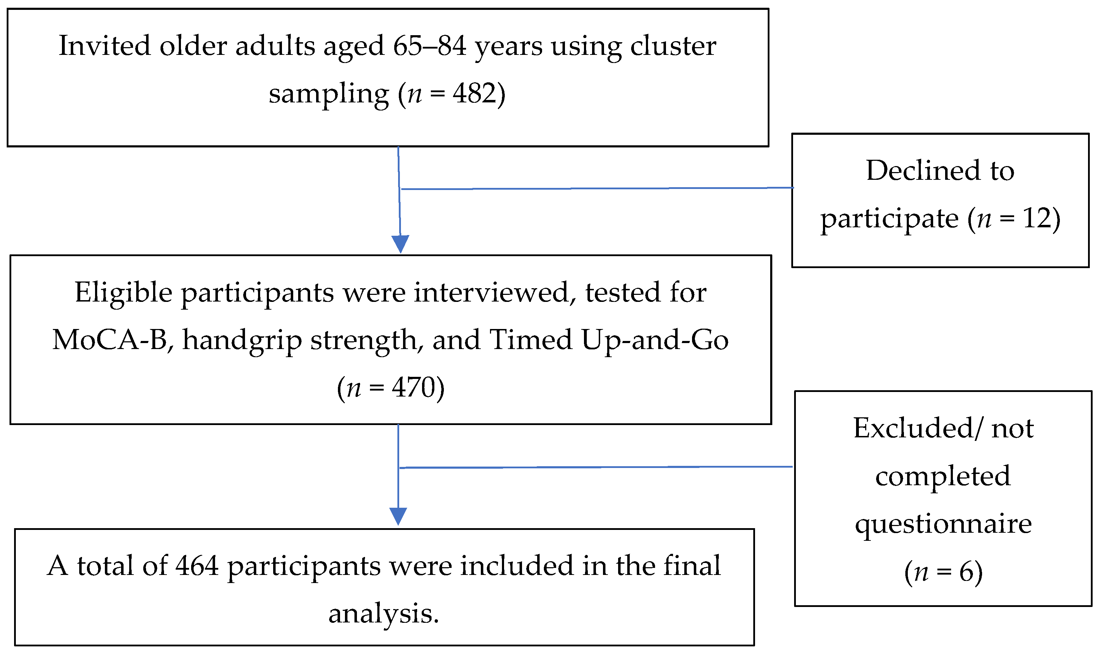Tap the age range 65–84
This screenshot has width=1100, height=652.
point(429,46)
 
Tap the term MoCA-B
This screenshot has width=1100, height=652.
point(110,340)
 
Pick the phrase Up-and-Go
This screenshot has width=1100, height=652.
point(654,340)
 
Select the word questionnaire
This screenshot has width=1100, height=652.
point(943,524)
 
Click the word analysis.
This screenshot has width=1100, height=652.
point(383,614)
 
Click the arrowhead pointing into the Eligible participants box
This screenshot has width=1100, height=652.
point(400,243)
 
